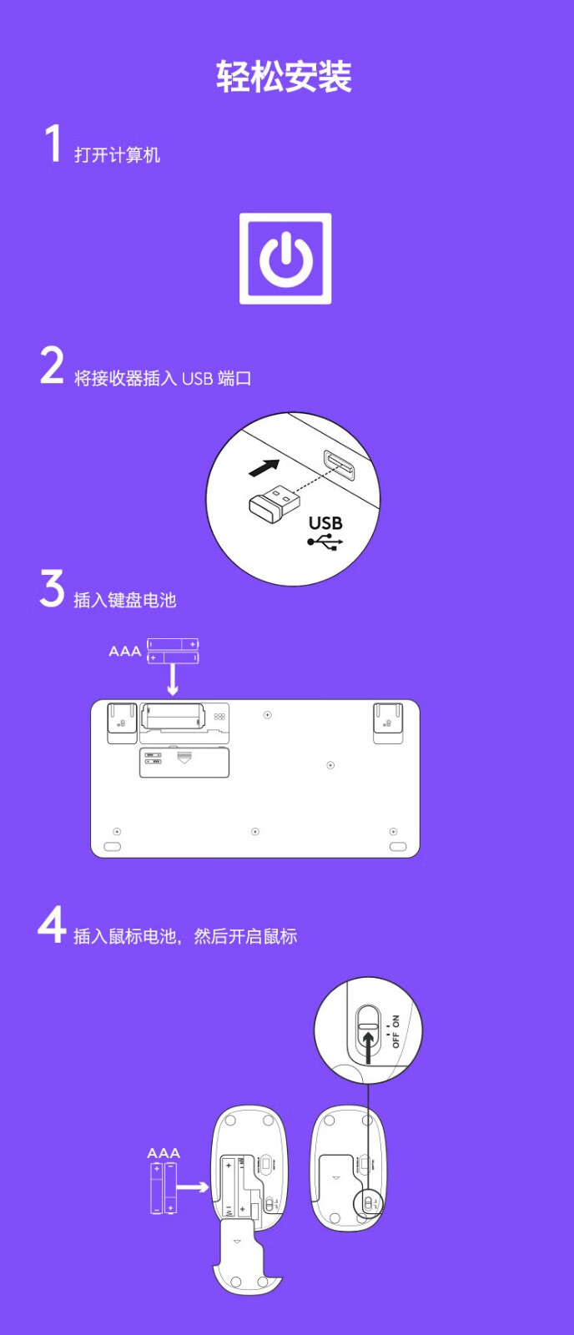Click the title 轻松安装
pyautogui.click(x=284, y=76)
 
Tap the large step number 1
pyautogui.click(x=53, y=143)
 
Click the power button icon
pyautogui.click(x=285, y=259)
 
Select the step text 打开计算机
pyautogui.click(x=117, y=155)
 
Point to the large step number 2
pyautogui.click(x=52, y=365)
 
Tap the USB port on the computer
pyautogui.click(x=339, y=465)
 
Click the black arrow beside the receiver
pyautogui.click(x=264, y=468)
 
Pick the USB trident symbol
pyautogui.click(x=325, y=542)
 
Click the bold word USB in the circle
pyautogui.click(x=325, y=522)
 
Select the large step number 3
pyautogui.click(x=52, y=587)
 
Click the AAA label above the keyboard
pyautogui.click(x=124, y=651)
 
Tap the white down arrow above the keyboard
pyautogui.click(x=172, y=680)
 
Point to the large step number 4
pyautogui.click(x=51, y=924)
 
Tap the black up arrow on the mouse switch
pyautogui.click(x=369, y=1047)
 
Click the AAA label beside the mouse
pyautogui.click(x=164, y=1152)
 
